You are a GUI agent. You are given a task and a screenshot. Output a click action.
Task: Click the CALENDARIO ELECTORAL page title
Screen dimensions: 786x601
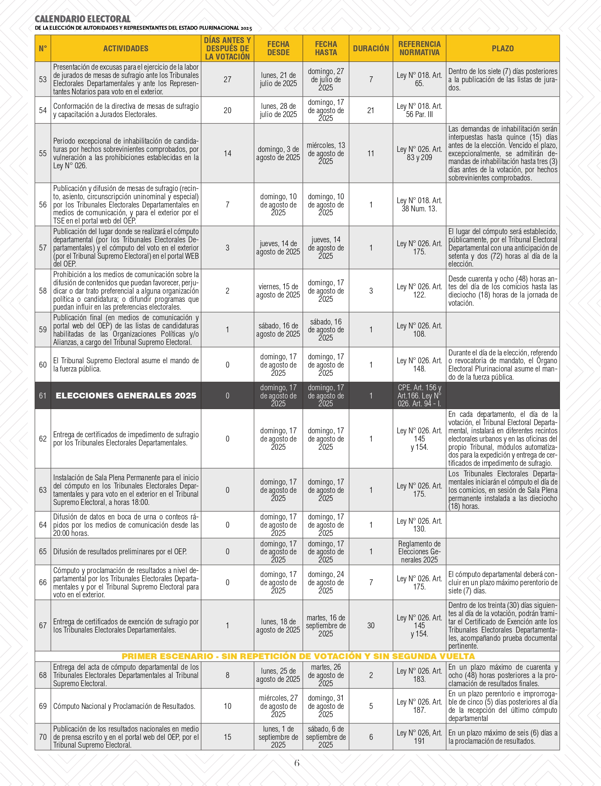[83, 19]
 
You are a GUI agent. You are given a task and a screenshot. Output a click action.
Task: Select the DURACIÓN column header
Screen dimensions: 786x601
[371, 49]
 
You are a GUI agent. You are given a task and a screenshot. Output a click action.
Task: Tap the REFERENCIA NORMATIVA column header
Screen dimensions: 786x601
[419, 49]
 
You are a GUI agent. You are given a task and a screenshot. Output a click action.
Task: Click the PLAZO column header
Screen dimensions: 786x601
[502, 49]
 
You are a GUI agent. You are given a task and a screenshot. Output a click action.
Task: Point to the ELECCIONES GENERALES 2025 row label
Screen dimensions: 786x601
[126, 396]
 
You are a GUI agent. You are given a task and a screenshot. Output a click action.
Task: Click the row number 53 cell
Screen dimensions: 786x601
[43, 79]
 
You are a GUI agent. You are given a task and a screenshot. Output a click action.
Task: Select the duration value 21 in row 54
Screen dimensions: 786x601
[371, 110]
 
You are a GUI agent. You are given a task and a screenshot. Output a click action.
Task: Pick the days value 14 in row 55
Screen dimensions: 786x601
[227, 153]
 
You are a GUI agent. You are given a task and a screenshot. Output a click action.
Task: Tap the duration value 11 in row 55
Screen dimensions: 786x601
[371, 153]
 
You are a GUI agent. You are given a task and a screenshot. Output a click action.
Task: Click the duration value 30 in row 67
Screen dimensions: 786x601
[371, 626]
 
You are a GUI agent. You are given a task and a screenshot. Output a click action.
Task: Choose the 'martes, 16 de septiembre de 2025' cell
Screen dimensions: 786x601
[326, 626]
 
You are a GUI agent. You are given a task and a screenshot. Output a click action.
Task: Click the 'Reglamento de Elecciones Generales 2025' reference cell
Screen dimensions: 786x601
[419, 552]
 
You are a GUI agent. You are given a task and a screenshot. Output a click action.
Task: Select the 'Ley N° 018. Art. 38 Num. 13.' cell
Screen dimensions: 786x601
[419, 205]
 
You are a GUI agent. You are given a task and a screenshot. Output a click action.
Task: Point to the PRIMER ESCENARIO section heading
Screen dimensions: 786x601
[298, 656]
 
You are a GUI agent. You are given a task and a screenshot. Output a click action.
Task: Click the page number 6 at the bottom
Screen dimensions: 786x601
[297, 763]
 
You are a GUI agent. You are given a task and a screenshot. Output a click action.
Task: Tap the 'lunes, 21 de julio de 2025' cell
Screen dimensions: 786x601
[278, 79]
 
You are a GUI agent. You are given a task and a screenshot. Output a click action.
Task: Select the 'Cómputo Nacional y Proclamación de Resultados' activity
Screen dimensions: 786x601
[124, 706]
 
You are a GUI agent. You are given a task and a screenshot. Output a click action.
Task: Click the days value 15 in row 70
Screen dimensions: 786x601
[227, 737]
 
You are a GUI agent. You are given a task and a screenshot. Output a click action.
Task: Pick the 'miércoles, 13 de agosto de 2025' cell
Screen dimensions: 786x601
[326, 153]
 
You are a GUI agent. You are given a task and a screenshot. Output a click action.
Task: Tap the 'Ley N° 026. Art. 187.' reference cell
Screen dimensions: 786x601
[419, 706]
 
